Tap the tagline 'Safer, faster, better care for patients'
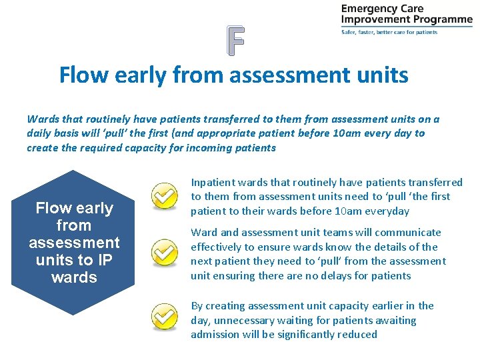389,32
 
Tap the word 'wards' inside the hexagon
73,277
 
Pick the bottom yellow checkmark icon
163,317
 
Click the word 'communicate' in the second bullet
408,233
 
